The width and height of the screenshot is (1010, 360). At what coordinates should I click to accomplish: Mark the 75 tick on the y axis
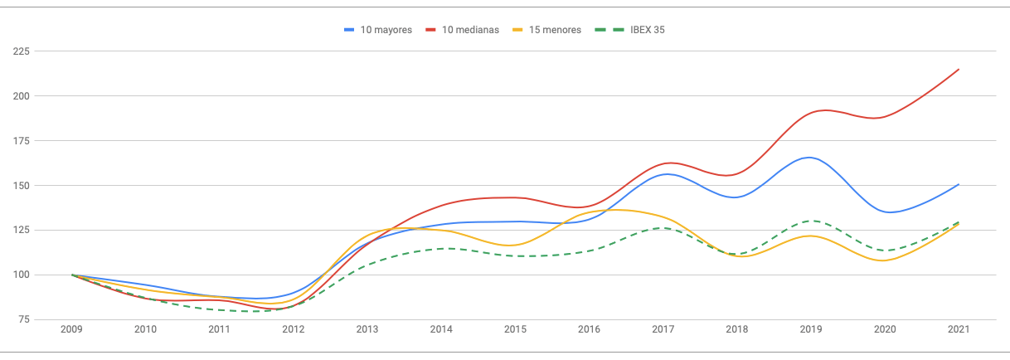[24, 319]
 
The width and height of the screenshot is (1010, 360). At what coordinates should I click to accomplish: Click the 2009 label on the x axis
[72, 330]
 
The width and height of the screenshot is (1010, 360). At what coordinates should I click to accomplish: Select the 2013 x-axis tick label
[367, 330]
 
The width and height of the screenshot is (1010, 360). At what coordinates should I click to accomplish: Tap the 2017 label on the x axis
[663, 330]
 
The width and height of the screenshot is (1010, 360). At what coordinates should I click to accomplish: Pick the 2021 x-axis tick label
[959, 330]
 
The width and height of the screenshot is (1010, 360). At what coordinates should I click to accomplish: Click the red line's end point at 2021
[959, 70]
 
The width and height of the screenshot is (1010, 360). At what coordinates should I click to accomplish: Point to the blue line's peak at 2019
[808, 158]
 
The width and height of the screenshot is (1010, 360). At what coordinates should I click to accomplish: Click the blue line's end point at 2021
[959, 184]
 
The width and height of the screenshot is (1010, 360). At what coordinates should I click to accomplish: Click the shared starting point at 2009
[72, 275]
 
